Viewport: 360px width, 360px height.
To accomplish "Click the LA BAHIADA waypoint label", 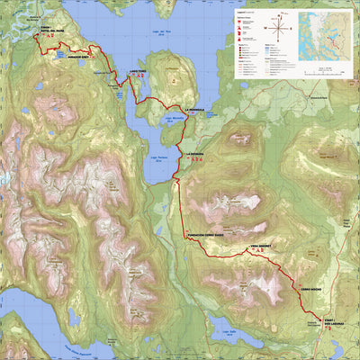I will tap(197, 155).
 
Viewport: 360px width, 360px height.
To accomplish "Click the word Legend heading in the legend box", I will tap(244, 13).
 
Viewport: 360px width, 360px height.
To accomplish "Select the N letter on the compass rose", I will tap(283, 15).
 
